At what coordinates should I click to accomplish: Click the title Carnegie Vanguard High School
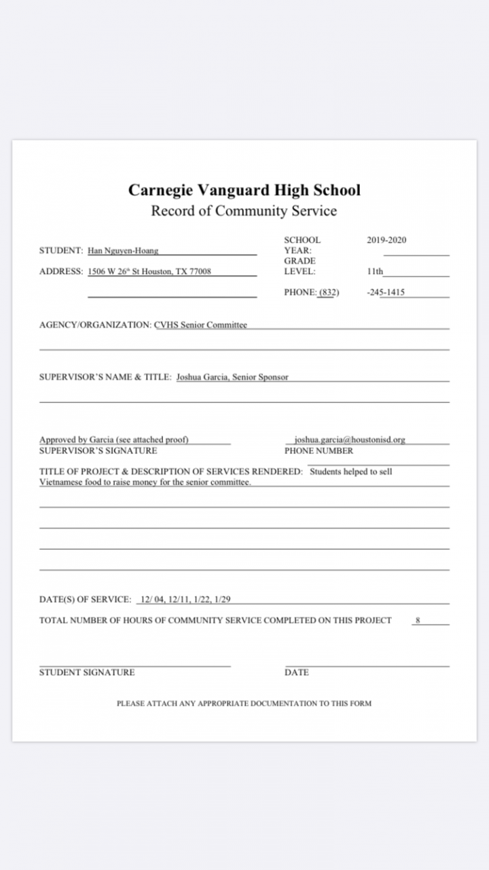(x=244, y=190)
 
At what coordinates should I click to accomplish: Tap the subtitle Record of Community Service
(x=244, y=211)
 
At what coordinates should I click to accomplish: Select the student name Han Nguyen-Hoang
(x=123, y=250)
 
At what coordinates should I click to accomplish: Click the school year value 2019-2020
(x=386, y=240)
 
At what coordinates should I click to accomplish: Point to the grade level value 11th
(x=375, y=271)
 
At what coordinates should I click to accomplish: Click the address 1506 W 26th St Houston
(x=149, y=271)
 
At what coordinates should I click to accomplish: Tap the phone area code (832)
(x=329, y=292)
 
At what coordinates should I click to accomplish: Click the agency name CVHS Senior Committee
(x=200, y=325)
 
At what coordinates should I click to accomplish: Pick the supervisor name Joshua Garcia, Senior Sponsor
(x=232, y=377)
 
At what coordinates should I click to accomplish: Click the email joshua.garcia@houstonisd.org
(x=349, y=440)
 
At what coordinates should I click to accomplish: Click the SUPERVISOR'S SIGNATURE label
(x=98, y=451)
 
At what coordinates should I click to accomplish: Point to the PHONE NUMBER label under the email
(x=319, y=451)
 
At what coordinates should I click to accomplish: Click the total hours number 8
(x=418, y=620)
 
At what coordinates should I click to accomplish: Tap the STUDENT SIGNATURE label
(x=87, y=672)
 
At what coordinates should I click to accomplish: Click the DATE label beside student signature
(x=296, y=672)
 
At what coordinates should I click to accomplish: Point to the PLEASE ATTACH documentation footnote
(x=244, y=703)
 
